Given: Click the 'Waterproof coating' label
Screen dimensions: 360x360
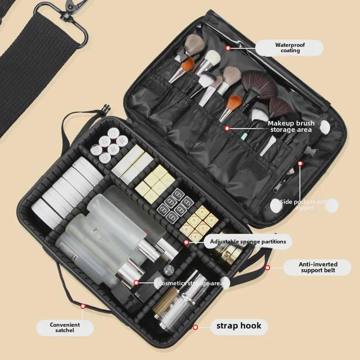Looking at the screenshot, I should (290, 48).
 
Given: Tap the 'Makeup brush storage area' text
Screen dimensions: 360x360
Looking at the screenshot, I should (291, 126).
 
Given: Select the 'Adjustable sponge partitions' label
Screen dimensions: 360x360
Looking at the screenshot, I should (247, 242).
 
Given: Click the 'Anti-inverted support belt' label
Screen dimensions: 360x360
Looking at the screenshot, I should (318, 267).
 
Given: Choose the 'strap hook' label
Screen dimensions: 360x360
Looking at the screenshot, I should (239, 326).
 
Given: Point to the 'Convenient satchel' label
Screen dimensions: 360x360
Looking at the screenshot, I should (65, 328).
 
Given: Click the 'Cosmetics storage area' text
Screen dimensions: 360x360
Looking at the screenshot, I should (190, 283).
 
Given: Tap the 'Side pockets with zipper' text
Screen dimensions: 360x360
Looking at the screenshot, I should (305, 205).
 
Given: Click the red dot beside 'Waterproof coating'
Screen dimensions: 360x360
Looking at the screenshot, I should (228, 48).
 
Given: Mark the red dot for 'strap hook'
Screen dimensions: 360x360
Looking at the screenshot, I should (195, 327).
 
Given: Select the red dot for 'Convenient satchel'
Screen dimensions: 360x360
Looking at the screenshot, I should (83, 306).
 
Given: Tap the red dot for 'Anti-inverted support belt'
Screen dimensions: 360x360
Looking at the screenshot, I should (267, 268).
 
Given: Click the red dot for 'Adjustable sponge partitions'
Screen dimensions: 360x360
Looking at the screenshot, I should (186, 242).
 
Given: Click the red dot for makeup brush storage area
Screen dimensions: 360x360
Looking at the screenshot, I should (227, 128).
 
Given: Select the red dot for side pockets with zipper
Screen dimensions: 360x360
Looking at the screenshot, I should (300, 163).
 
